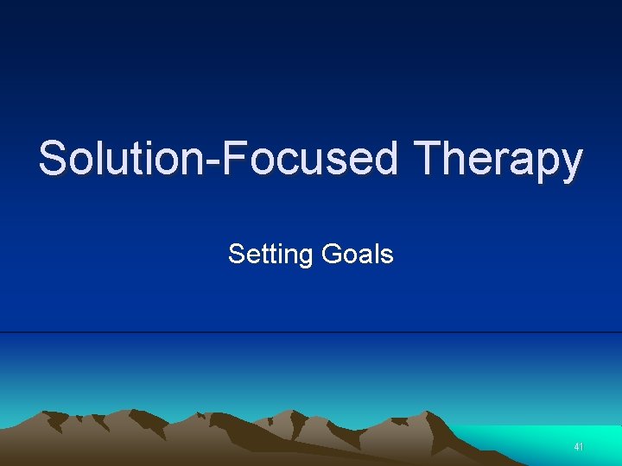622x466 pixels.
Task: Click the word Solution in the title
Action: coord(105,160)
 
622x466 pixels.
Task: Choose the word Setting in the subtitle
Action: coord(270,255)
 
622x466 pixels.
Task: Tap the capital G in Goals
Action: coord(331,254)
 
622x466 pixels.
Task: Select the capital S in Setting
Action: coord(236,254)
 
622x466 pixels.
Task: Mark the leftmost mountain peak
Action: coord(52,414)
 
